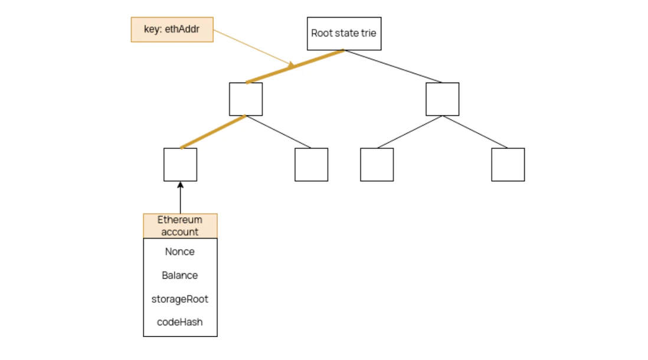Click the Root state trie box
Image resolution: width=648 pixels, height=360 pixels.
[x=344, y=34]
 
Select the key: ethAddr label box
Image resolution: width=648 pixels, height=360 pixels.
[x=172, y=30]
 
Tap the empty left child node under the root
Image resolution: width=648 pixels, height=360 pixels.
[x=246, y=99]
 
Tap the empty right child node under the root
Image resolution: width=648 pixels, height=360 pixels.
[x=442, y=99]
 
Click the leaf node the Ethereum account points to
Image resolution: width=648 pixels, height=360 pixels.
[x=180, y=165]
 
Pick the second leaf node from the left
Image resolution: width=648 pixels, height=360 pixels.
[x=311, y=165]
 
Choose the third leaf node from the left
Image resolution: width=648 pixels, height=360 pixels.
[x=377, y=165]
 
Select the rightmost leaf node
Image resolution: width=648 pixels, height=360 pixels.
[x=508, y=165]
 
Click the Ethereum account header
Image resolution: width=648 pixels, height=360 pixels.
[x=180, y=226]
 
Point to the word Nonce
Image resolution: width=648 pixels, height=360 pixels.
[x=180, y=252]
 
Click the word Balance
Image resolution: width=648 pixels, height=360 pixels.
[x=180, y=276]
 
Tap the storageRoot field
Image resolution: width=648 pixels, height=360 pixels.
[x=180, y=299]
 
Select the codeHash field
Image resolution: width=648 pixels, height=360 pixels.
[x=180, y=322]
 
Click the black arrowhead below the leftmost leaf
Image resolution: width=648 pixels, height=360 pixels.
[x=180, y=185]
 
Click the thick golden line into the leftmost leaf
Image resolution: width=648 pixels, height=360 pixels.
[x=212, y=132]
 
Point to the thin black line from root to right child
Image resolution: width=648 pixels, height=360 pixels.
[x=393, y=66]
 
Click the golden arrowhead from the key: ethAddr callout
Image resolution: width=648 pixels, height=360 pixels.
[x=290, y=65]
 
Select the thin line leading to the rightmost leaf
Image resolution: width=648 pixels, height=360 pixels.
[x=475, y=132]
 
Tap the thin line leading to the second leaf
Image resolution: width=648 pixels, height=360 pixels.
[x=279, y=132]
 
